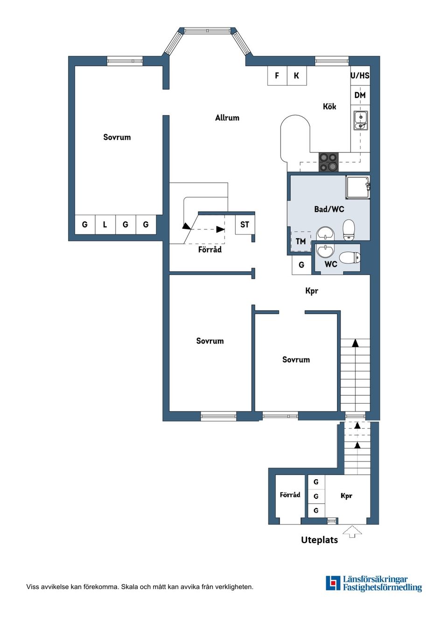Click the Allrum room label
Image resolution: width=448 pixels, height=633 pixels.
[x=227, y=118]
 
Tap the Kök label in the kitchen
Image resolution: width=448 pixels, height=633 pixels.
[x=329, y=107]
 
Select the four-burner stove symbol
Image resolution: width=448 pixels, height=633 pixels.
[x=328, y=162]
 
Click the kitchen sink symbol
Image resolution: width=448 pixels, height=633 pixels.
[x=360, y=120]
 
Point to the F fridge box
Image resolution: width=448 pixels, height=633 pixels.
[x=277, y=76]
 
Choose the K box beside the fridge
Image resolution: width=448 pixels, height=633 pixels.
[x=297, y=76]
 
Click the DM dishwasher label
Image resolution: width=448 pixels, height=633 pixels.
[x=360, y=95]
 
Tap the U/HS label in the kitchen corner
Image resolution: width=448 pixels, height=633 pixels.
[x=360, y=76]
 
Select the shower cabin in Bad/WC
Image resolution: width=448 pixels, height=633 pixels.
[x=357, y=187]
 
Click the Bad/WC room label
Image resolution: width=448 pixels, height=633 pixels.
[x=329, y=209]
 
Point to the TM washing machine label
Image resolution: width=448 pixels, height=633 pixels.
[x=301, y=241]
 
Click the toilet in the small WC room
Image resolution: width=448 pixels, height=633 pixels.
[x=350, y=257]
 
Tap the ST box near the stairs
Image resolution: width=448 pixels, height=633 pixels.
[x=245, y=225]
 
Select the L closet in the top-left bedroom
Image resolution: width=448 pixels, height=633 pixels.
[x=105, y=225]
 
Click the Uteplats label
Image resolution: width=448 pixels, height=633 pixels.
[x=319, y=540]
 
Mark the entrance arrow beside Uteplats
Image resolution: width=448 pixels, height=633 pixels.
[x=352, y=531]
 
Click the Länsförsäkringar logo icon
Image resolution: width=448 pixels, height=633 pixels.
[x=333, y=583]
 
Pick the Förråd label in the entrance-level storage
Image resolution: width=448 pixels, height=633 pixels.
[x=290, y=495]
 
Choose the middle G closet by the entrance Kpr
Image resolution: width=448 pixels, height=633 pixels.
[x=316, y=496]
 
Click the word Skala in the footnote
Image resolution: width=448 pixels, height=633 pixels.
[x=130, y=587]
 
